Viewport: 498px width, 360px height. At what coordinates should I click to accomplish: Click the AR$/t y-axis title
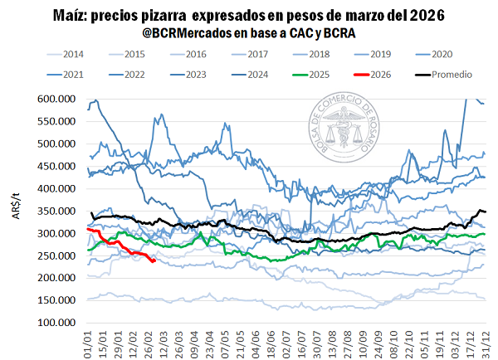coord(17,211)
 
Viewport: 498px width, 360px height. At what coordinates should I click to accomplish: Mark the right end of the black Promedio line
coord(485,212)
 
